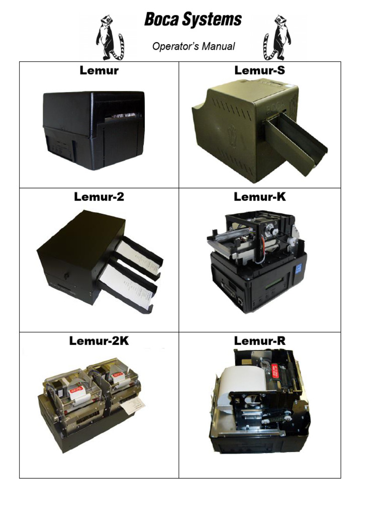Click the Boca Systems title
point(193,20)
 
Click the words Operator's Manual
point(194,46)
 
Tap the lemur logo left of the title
point(110,37)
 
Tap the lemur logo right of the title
point(277,37)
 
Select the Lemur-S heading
point(259,70)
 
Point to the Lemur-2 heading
point(99,197)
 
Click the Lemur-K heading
point(259,197)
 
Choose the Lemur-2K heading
point(99,341)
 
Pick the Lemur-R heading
point(259,341)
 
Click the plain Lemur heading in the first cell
point(99,70)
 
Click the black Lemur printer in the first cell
point(94,129)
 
